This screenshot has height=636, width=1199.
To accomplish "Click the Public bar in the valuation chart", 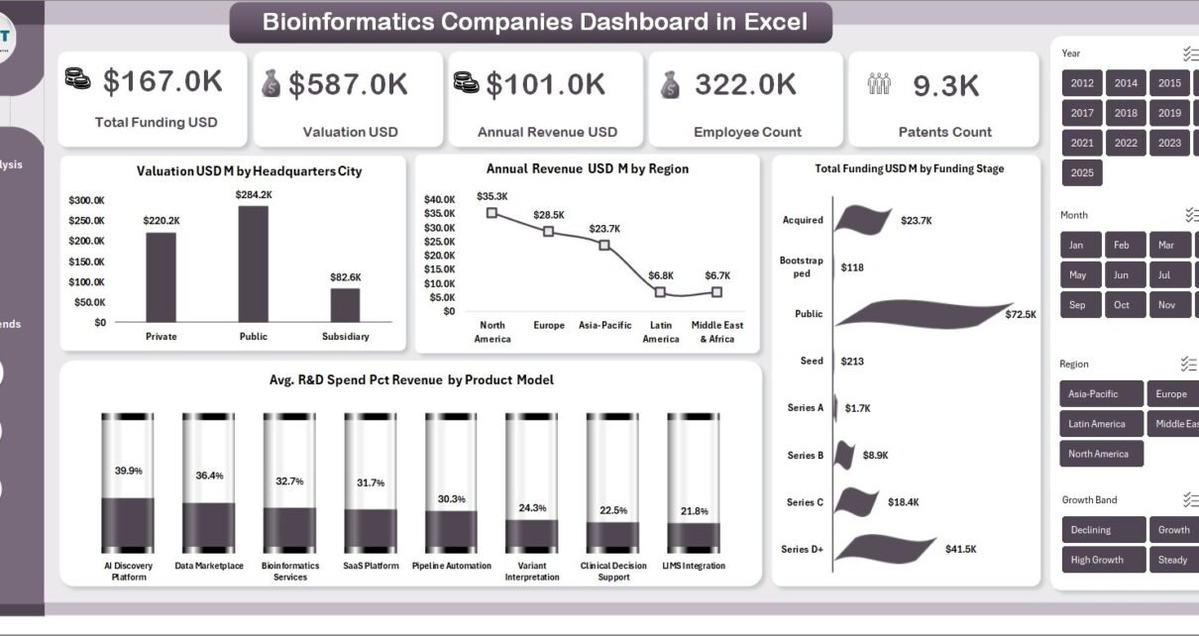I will coord(253,264).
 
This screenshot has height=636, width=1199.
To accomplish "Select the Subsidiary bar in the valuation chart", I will coord(345,304).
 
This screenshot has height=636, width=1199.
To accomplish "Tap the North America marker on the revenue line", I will coord(491,212).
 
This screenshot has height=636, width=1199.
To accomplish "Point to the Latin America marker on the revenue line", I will coord(660,291).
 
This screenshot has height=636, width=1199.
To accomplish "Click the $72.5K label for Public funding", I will coord(1020,314).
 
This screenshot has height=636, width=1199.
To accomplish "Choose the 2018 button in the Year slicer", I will coord(1126,113).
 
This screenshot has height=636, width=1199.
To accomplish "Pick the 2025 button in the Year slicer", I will coord(1082,172).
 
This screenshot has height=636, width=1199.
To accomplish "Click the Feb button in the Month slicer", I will coord(1122,245).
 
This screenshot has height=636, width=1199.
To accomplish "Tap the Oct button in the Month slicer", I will coord(1122,304).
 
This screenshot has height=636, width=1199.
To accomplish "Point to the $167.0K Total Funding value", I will coord(163,83).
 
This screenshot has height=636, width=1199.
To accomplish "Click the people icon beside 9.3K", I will coord(879,84).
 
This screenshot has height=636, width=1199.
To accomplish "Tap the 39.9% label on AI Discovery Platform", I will coord(128,471).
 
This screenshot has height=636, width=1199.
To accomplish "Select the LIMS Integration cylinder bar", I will coord(694,485).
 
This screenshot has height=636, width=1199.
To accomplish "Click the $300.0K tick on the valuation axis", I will coord(87,200).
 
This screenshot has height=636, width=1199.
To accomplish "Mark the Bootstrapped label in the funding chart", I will coord(802,266).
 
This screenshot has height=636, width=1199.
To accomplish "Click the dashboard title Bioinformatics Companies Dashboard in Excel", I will coord(534,22).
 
